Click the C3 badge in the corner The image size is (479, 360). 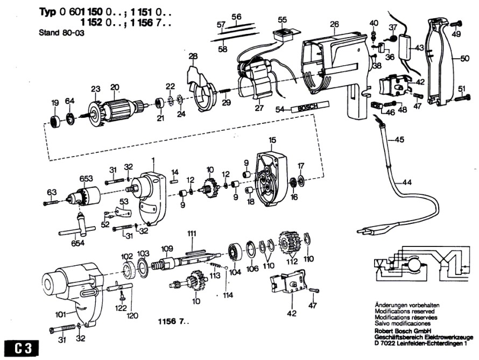click(x=19, y=348)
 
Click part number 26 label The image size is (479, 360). click(x=334, y=24)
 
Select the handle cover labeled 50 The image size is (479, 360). click(x=445, y=62)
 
